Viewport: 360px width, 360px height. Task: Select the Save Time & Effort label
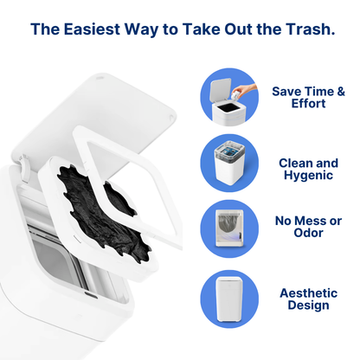[x=308, y=98]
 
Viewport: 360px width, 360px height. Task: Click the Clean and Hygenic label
[x=308, y=169]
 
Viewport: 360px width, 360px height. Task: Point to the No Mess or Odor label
[x=308, y=226]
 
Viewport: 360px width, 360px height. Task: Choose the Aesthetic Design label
[x=308, y=299]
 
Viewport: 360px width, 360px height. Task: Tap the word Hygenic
[x=308, y=176]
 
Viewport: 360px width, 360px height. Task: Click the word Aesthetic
[x=308, y=292]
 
